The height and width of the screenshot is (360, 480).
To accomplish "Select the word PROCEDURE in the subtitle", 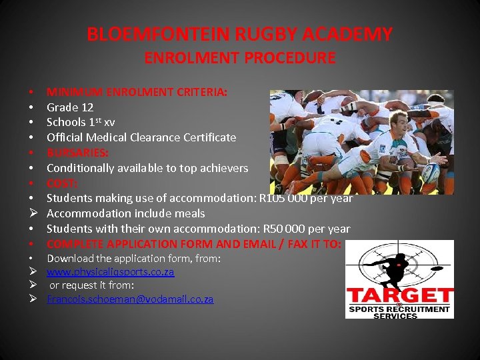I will pyautogui.click(x=291, y=58).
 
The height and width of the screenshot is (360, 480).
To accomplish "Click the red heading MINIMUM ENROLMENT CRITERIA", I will pyautogui.click(x=137, y=91).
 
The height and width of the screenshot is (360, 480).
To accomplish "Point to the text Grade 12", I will pyautogui.click(x=70, y=107).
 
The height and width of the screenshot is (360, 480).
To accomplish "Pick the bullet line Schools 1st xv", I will pyautogui.click(x=81, y=122).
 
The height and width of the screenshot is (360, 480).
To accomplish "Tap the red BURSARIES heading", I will pyautogui.click(x=77, y=153).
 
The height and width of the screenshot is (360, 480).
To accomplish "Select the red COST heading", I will pyautogui.click(x=62, y=183).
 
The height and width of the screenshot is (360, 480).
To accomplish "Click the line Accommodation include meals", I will pyautogui.click(x=126, y=213).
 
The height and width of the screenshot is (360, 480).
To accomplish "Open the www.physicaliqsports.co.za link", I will pyautogui.click(x=110, y=272).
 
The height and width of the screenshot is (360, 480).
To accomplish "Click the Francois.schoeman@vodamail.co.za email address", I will pyautogui.click(x=130, y=299).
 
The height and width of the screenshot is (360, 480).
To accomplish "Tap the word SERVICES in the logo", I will pyautogui.click(x=399, y=316).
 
